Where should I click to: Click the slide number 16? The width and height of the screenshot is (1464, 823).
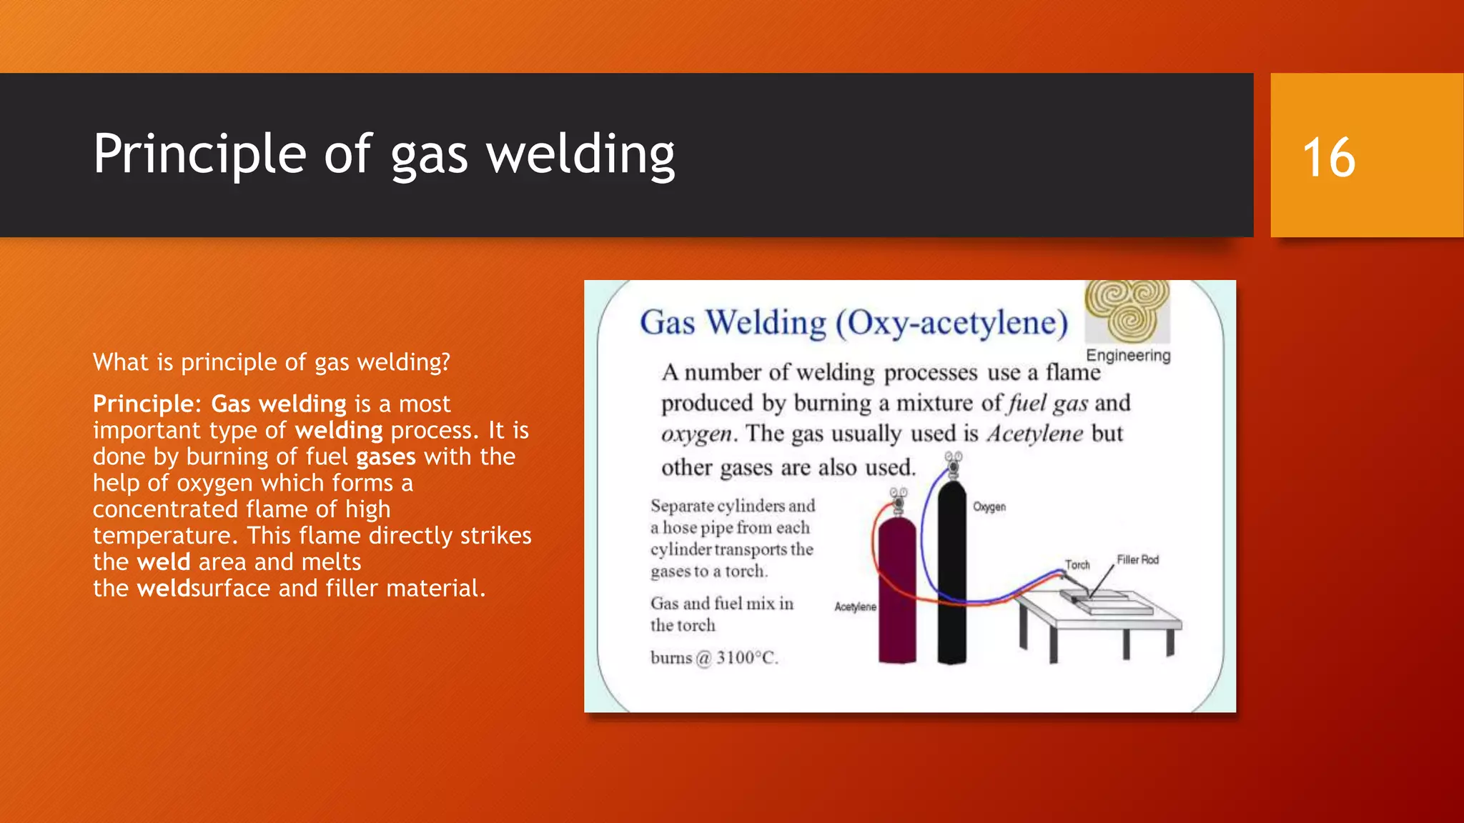pos(1329,157)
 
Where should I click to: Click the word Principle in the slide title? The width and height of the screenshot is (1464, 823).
pos(200,154)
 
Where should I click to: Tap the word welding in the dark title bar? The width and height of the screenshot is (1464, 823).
pos(580,154)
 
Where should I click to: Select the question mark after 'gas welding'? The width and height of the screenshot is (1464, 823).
pos(446,362)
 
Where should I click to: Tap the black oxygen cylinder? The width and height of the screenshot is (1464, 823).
pos(951,572)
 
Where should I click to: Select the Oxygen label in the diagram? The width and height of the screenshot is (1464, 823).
pos(989,507)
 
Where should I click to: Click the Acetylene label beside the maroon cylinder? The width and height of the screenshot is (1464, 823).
pos(855,607)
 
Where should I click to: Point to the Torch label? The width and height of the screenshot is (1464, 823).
pos(1077,565)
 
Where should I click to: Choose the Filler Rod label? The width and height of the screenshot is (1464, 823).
pos(1137,560)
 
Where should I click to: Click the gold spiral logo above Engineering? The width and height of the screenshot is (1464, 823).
pos(1128,311)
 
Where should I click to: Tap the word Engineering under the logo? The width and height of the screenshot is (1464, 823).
pos(1128,355)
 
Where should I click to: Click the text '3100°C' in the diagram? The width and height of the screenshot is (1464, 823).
pos(746,658)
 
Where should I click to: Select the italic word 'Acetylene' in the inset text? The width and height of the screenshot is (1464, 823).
pos(1034,434)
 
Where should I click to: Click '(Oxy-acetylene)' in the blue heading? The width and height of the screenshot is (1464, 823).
pos(952,323)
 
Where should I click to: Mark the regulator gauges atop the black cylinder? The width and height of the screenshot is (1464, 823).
pos(953,461)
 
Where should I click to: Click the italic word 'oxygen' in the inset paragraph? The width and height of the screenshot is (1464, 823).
pos(696,434)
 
